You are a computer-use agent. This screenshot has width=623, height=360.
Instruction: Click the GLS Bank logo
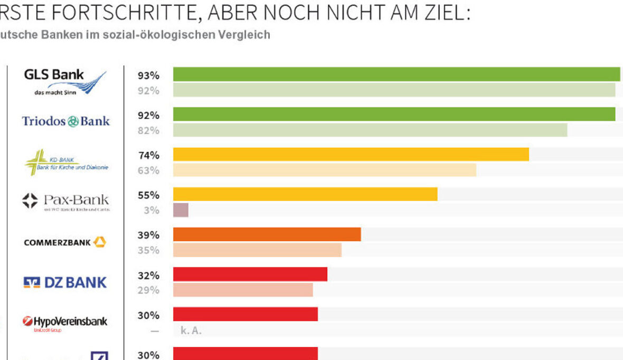pos(65,82)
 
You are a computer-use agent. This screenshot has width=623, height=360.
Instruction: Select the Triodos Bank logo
pos(66,121)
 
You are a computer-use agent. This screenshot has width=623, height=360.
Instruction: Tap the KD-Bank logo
pos(67,162)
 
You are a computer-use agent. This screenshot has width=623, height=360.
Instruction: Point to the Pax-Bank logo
pos(66,201)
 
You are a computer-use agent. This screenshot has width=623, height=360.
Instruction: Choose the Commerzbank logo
pos(65,242)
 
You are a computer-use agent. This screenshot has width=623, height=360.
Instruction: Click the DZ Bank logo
pos(65,282)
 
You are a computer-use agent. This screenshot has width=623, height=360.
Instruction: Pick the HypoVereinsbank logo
pos(65,322)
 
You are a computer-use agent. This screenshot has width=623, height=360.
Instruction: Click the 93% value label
pos(148,75)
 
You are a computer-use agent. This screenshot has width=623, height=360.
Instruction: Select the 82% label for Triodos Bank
pos(148,130)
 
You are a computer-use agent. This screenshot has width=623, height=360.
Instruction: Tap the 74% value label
pos(148,156)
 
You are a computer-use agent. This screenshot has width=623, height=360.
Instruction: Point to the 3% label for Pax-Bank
pos(152,211)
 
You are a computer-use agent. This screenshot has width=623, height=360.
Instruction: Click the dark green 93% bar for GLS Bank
pos(396,74)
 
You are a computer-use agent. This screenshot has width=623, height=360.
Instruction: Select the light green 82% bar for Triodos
pos(370,130)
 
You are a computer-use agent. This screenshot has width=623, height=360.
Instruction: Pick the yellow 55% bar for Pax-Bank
pos(305,194)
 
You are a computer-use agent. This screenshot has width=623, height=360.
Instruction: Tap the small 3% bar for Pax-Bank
pos(181,210)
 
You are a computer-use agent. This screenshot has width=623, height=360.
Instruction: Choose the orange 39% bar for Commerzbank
pos(267,234)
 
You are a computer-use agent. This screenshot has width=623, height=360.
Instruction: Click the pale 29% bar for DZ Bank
pos(243,290)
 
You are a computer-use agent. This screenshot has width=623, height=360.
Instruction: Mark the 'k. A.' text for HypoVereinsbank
pos(191,331)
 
